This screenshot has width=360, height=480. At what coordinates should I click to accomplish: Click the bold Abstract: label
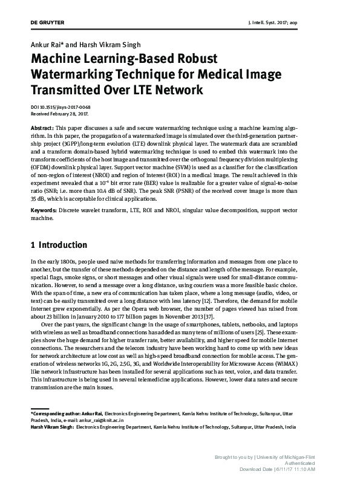(x=42, y=130)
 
